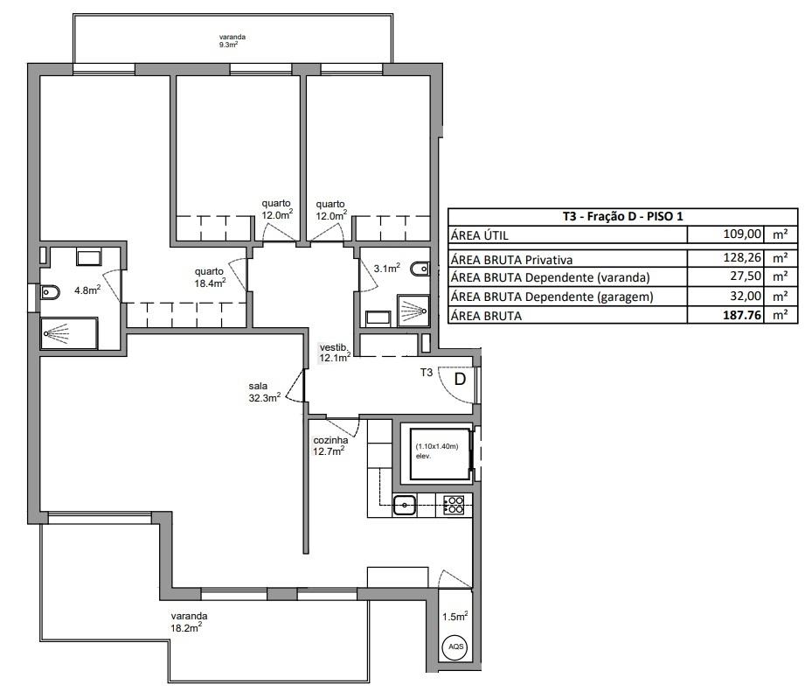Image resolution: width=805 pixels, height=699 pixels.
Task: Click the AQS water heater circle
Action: tap(456, 646)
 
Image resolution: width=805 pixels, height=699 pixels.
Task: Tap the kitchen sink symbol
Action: tap(405, 505)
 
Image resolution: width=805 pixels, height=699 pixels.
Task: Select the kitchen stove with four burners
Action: tap(454, 505)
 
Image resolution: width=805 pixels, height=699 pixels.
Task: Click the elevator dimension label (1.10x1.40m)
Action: tap(436, 446)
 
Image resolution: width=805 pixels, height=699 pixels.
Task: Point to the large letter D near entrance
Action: tap(460, 380)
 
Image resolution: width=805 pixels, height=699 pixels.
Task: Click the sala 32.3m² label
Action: tap(264, 392)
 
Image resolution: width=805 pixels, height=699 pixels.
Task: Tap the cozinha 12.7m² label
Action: tap(330, 445)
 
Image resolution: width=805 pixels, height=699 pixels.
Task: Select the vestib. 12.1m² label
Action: tap(335, 353)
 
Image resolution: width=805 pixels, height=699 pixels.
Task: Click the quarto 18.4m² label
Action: tap(210, 277)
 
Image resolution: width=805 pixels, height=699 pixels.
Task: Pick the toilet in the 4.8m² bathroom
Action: tap(50, 292)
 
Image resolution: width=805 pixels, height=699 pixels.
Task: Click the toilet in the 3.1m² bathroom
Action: tap(420, 269)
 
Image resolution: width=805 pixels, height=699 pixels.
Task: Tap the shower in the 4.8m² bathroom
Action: tap(69, 333)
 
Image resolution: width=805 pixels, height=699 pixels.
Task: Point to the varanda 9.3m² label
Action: tap(232, 40)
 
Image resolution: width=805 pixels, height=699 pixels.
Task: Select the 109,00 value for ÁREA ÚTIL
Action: tap(742, 234)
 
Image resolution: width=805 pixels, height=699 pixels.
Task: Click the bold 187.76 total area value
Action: tap(742, 315)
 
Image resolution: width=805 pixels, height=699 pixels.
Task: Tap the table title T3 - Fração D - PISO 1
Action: tap(622, 216)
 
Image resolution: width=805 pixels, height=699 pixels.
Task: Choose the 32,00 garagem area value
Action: tap(746, 296)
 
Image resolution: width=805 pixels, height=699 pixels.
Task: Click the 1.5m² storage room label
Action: tap(455, 616)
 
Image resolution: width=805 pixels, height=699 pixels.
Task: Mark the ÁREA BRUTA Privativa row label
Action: tap(511, 260)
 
